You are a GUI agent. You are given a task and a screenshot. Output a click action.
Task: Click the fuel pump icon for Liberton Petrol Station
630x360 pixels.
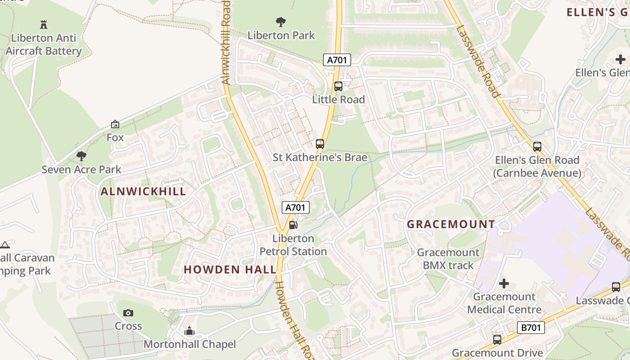293,225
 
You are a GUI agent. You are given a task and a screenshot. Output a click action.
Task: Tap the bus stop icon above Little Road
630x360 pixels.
338,86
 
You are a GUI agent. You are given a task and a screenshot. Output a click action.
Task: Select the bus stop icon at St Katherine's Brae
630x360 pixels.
319,144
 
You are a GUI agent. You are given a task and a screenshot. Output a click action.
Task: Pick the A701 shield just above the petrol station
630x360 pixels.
296,207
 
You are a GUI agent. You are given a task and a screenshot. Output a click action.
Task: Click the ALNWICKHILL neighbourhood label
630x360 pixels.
143,191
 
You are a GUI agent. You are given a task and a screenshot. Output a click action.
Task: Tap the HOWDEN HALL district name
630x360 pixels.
230,270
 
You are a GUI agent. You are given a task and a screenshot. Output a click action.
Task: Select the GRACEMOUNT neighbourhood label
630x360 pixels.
451,224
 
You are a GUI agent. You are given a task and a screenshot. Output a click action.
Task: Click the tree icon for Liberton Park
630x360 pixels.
281,22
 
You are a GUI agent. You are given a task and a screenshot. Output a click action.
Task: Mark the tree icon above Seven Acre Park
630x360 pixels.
81,156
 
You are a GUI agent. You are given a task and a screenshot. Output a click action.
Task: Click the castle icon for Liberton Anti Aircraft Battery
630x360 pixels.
44,24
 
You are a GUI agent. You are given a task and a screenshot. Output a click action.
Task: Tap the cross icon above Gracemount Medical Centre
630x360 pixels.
504,283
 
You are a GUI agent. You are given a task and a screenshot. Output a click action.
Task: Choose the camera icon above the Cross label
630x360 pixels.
128,313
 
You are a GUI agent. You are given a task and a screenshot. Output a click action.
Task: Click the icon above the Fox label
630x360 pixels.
115,124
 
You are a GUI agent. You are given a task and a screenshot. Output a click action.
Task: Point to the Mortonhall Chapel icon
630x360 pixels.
189,332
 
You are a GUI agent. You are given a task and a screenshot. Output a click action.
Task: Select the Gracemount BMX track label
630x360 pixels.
448,259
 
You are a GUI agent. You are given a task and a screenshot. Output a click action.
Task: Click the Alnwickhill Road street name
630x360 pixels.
226,43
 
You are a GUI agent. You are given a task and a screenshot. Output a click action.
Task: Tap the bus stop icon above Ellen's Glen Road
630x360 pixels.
537,146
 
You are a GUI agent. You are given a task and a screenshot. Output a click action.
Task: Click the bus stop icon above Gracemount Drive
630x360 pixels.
497,339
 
